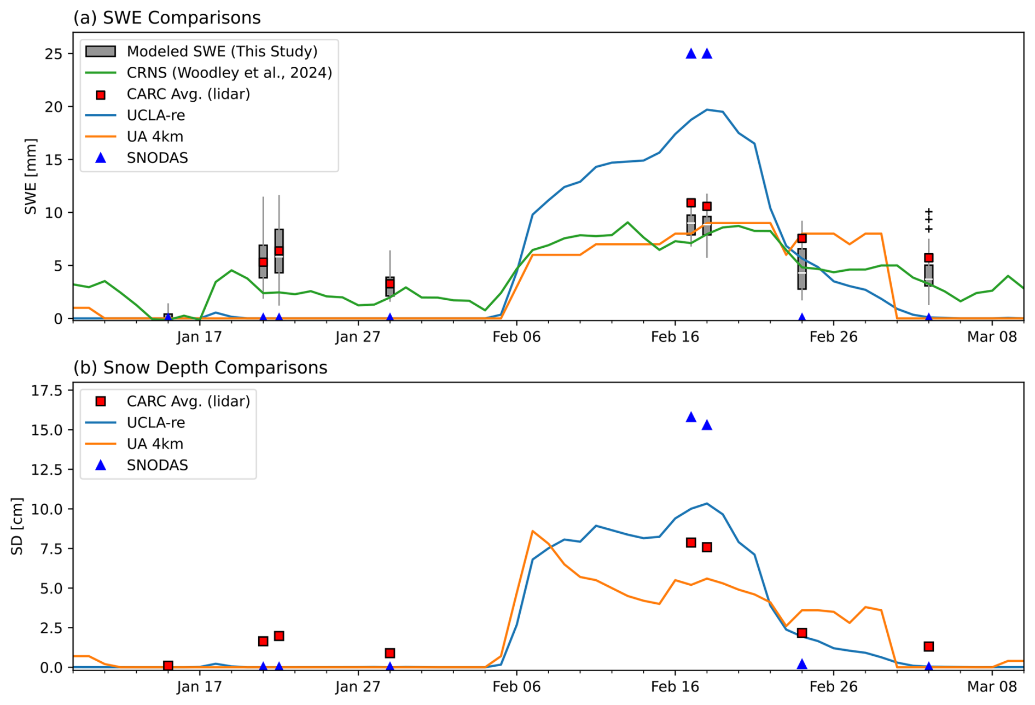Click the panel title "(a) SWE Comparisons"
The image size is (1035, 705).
(167, 18)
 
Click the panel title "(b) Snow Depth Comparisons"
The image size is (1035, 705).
(200, 368)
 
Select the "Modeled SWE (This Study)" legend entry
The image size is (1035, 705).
(222, 51)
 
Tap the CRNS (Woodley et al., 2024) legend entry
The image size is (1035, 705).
(229, 73)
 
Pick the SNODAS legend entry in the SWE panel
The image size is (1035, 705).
(157, 158)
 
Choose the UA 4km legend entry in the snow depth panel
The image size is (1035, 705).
(154, 444)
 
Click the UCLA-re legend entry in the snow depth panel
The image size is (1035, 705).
(155, 423)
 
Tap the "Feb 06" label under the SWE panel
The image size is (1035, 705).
(516, 337)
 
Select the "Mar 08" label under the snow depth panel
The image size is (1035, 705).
(992, 686)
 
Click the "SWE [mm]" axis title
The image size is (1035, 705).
(31, 176)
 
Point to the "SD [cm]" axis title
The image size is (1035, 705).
(17, 526)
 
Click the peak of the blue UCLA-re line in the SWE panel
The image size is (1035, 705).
(707, 109)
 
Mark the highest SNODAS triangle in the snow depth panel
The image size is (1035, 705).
(691, 417)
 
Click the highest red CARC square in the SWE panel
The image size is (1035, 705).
(691, 203)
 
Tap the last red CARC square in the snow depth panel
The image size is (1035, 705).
(928, 646)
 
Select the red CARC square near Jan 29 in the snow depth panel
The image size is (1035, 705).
(389, 653)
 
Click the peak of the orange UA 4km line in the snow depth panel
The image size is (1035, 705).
(532, 531)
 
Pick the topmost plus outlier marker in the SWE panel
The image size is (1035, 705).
(928, 211)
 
